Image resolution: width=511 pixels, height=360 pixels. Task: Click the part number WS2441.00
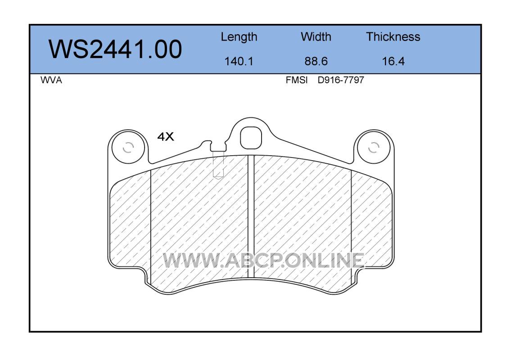(x=115, y=49)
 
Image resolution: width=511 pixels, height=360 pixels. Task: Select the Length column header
(x=239, y=37)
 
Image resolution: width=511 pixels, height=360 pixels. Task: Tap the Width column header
(x=316, y=36)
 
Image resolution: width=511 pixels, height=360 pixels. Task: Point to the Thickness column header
(x=393, y=36)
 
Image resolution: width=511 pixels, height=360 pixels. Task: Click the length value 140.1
(x=239, y=61)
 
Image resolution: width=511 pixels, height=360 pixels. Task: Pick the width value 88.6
(x=316, y=61)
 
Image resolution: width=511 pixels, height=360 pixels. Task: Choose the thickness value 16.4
(x=393, y=61)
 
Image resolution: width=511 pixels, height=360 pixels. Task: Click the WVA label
(x=51, y=80)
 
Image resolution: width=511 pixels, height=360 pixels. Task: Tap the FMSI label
(x=297, y=80)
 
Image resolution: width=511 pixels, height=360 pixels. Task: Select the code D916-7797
(x=340, y=80)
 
